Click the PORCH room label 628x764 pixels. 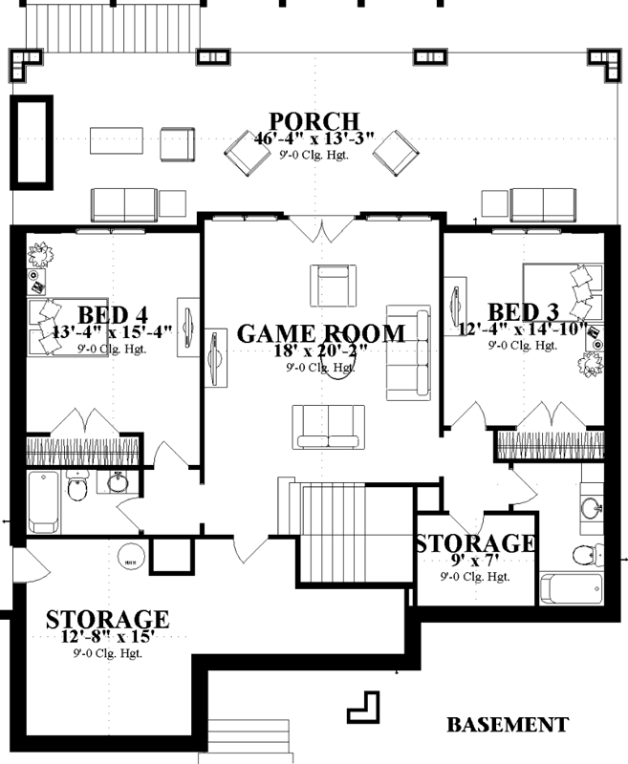[x=314, y=122]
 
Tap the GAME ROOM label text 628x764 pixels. [x=320, y=333]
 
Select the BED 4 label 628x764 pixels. [x=113, y=313]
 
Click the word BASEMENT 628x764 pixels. [x=507, y=724]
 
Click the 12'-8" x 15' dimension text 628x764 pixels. [x=107, y=637]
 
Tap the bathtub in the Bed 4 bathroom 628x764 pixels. [x=43, y=501]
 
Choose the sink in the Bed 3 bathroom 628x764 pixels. [x=590, y=505]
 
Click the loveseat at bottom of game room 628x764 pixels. [x=328, y=426]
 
